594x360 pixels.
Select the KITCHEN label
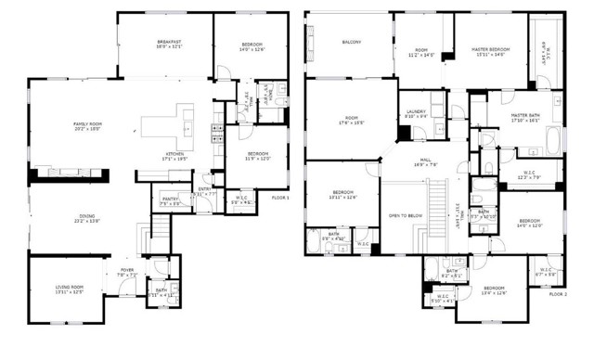coord(175,153)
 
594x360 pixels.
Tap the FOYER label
coord(126,270)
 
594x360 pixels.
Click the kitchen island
coord(168,125)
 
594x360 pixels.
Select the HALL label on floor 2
coord(426,160)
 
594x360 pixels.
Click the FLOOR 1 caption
coord(280,198)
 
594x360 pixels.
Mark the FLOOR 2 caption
coord(558,293)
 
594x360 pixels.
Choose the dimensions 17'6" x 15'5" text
coord(352,122)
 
